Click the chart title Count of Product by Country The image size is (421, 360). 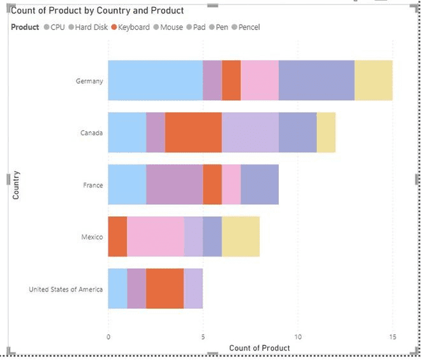pyautogui.click(x=98, y=11)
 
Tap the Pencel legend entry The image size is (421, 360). pyautogui.click(x=249, y=27)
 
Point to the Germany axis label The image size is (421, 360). pyautogui.click(x=89, y=81)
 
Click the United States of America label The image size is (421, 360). pyautogui.click(x=66, y=289)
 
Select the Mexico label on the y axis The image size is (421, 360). pyautogui.click(x=92, y=237)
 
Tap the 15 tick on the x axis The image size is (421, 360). pyautogui.click(x=392, y=336)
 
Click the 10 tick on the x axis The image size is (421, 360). pyautogui.click(x=297, y=336)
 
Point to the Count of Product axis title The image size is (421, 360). pyautogui.click(x=259, y=348)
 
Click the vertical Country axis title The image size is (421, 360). pyautogui.click(x=16, y=185)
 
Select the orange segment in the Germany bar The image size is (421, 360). pyautogui.click(x=231, y=80)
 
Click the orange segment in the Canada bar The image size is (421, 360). pyautogui.click(x=193, y=133)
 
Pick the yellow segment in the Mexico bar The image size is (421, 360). pyautogui.click(x=240, y=236)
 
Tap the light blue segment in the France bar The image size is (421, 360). pyautogui.click(x=127, y=184)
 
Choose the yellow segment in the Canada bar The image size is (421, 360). pyautogui.click(x=326, y=133)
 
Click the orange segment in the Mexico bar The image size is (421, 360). pyautogui.click(x=117, y=236)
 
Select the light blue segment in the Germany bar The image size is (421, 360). pyautogui.click(x=155, y=80)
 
